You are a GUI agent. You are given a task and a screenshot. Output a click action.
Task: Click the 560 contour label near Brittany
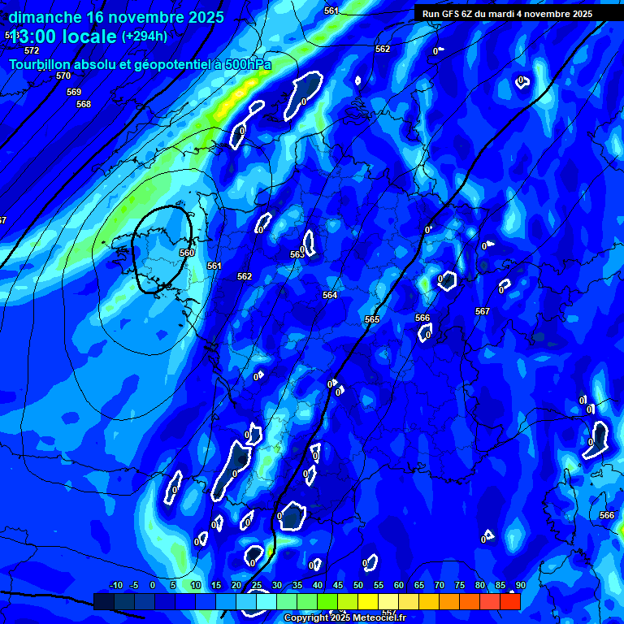(187, 253)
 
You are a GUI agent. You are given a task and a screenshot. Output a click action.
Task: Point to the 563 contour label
(297, 254)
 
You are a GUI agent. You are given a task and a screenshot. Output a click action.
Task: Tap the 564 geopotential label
(330, 295)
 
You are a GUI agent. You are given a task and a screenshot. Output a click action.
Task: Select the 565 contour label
(372, 319)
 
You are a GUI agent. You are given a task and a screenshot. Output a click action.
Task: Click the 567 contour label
(483, 311)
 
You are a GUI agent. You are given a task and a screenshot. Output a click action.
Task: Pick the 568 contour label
(84, 104)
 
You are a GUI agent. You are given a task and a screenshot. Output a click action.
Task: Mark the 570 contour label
(63, 76)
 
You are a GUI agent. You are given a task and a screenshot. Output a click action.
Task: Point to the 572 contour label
(32, 50)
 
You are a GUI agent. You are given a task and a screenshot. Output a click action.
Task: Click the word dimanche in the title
(45, 17)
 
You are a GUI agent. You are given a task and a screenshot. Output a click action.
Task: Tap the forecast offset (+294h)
(145, 37)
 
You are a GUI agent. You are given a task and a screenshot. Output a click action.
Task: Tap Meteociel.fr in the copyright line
(379, 618)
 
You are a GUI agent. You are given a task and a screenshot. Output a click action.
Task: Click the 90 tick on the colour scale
(520, 585)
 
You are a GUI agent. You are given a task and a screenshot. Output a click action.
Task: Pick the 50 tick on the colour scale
(358, 585)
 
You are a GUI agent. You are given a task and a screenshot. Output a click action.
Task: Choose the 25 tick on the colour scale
(257, 585)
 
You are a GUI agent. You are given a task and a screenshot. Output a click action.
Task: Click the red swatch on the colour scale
(509, 601)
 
